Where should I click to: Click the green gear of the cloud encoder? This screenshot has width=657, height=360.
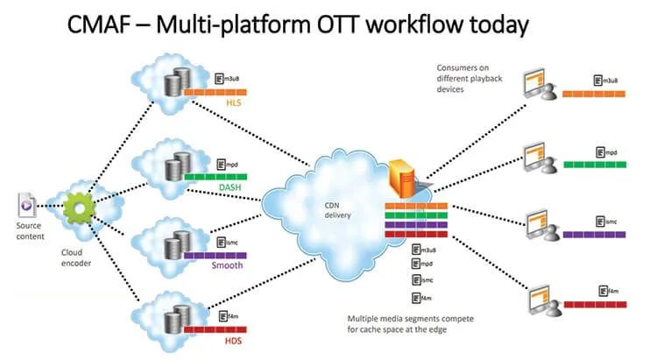[x=80, y=207]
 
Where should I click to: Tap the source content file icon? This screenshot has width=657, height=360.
[x=27, y=205]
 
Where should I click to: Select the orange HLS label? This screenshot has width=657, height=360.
[x=234, y=102]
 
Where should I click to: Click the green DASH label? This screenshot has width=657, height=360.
[x=230, y=187]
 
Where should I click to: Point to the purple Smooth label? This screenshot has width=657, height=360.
[x=227, y=265]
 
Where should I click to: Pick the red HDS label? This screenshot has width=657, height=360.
[x=233, y=341]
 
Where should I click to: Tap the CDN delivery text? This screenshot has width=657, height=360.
[x=338, y=210]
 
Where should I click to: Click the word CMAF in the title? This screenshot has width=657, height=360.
[x=99, y=25]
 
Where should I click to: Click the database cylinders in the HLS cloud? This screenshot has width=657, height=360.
[x=178, y=81]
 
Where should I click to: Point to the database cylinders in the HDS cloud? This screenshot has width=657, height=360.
[x=178, y=320]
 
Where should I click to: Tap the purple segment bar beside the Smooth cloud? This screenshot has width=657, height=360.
[x=215, y=256]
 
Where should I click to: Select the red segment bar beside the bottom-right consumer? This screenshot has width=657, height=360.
[x=596, y=305]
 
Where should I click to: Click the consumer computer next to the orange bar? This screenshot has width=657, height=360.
[x=540, y=85]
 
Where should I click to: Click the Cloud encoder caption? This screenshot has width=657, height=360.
[x=76, y=258]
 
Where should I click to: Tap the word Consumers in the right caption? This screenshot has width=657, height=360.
[x=463, y=68]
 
